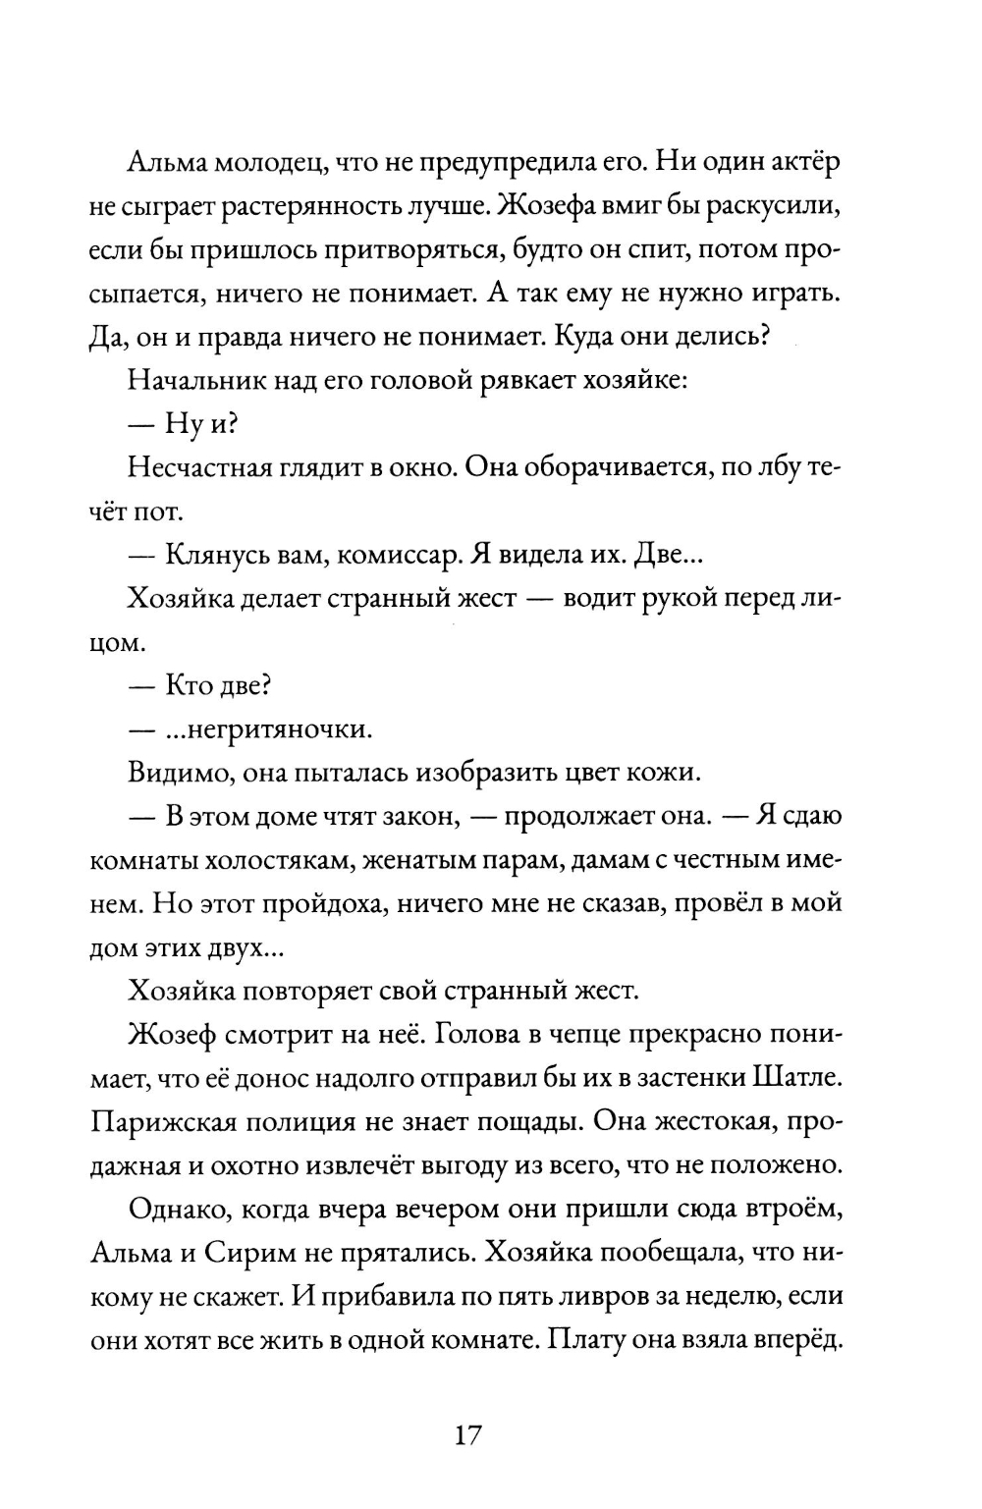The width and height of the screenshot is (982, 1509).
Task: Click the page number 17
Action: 467,1434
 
